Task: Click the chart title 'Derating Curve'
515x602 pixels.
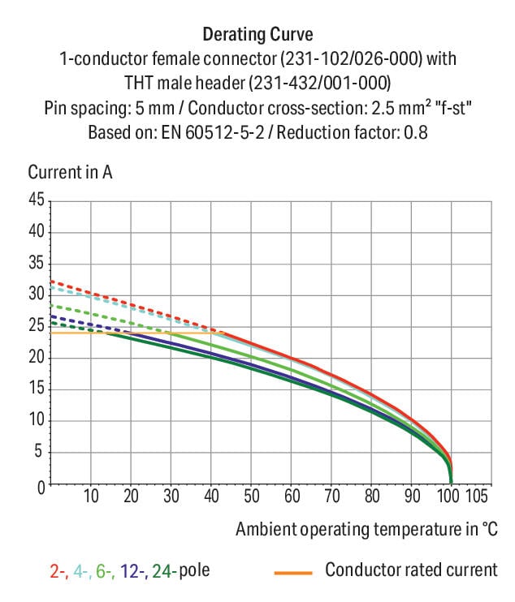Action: tap(257, 35)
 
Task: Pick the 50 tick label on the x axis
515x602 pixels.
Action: tap(251, 497)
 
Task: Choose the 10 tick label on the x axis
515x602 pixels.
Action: tap(91, 497)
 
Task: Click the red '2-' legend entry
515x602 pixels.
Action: tap(58, 571)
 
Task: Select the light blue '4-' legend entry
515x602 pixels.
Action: tap(80, 571)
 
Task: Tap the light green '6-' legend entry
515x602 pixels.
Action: tap(104, 571)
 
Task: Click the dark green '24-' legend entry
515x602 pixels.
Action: tap(163, 571)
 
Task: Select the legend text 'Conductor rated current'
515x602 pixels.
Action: tap(411, 570)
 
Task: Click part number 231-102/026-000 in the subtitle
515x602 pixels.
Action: tap(353, 59)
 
